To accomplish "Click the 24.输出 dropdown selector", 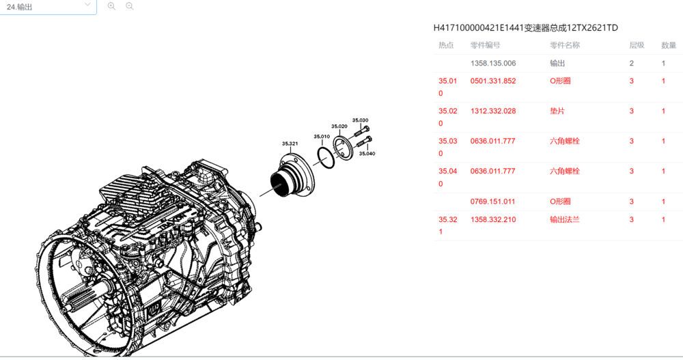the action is (x=48, y=7).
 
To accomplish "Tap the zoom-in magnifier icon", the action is (x=111, y=6).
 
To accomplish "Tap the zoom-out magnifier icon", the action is (x=129, y=6).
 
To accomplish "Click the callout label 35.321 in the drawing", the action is (x=290, y=143).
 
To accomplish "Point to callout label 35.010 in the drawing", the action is (x=322, y=137).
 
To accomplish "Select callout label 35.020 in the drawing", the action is (x=339, y=126).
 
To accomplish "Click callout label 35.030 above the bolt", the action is (x=360, y=120).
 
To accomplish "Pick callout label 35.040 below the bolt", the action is (x=367, y=154).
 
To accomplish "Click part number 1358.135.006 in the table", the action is (x=492, y=64).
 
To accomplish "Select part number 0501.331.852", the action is (x=492, y=81).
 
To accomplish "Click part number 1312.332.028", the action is (x=492, y=111).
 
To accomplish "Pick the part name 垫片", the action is (x=557, y=111).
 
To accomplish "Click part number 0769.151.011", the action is (x=492, y=202).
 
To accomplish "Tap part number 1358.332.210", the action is (x=492, y=220).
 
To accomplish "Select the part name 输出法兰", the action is (x=565, y=220).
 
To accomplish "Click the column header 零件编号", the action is (x=485, y=45).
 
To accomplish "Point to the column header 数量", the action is (x=669, y=45).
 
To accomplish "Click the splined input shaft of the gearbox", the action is (x=85, y=297).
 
